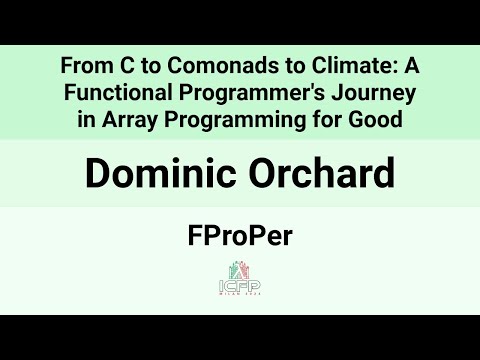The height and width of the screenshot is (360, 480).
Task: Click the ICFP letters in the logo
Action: point(240,285)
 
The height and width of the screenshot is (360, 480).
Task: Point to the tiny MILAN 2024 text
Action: point(240,295)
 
